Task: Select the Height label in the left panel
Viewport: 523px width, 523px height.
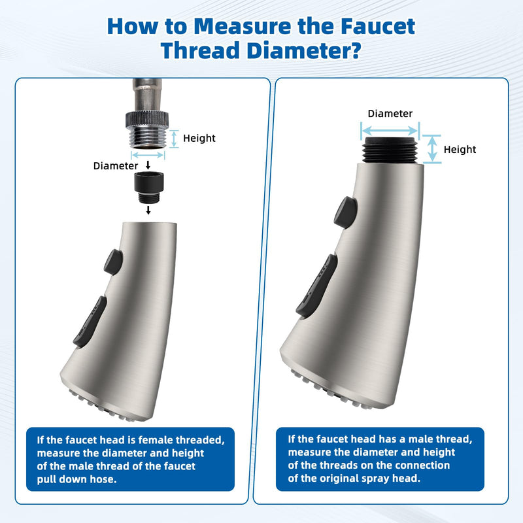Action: [199, 138]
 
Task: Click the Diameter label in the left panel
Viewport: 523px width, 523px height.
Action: [116, 166]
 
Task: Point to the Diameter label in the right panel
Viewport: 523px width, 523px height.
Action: [390, 113]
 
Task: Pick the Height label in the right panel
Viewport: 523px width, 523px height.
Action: [460, 150]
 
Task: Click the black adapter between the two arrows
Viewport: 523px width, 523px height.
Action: [148, 187]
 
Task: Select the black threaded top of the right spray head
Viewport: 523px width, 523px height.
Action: [390, 150]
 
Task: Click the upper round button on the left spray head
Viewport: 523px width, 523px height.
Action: [113, 262]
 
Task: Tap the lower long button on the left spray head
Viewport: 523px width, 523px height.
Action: [90, 322]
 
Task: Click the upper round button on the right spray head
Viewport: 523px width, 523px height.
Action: [346, 213]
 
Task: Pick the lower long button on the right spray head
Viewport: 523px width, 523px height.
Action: [316, 286]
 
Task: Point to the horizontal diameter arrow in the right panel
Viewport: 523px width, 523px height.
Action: [390, 131]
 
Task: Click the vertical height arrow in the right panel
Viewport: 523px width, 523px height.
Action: [432, 149]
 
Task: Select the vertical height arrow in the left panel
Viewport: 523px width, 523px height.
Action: [174, 139]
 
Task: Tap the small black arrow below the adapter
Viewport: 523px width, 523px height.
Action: [148, 210]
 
